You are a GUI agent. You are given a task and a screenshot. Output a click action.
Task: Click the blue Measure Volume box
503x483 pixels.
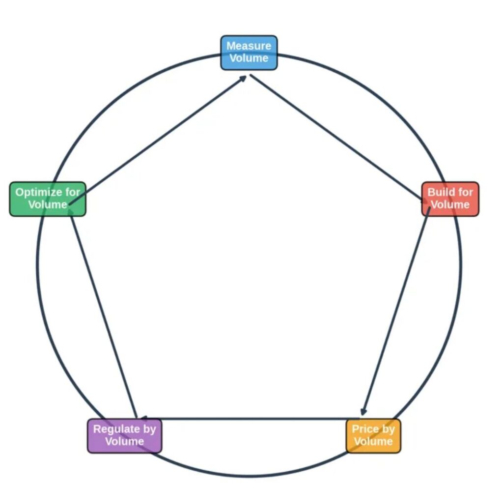coord(249,53)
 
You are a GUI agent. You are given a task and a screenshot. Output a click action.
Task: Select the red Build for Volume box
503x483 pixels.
coord(450,199)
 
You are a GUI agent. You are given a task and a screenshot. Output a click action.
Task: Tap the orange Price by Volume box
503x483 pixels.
coord(373,436)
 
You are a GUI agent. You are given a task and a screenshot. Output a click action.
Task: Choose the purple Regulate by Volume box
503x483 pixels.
coord(124,436)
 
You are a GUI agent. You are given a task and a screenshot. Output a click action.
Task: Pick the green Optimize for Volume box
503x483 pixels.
coord(48,199)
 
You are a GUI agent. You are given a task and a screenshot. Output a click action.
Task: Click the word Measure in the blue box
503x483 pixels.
coord(249,46)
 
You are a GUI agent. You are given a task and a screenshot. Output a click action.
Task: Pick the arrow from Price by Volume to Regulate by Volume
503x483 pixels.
coord(246,419)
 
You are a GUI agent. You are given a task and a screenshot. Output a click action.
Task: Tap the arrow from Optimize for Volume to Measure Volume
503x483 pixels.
coord(157,140)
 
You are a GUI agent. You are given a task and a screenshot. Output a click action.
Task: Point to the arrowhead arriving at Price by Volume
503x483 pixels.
coord(363,412)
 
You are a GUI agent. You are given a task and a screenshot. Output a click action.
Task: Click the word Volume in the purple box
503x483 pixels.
coord(124,441)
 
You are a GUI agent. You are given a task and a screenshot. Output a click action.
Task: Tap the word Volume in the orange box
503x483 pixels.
coord(373,441)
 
